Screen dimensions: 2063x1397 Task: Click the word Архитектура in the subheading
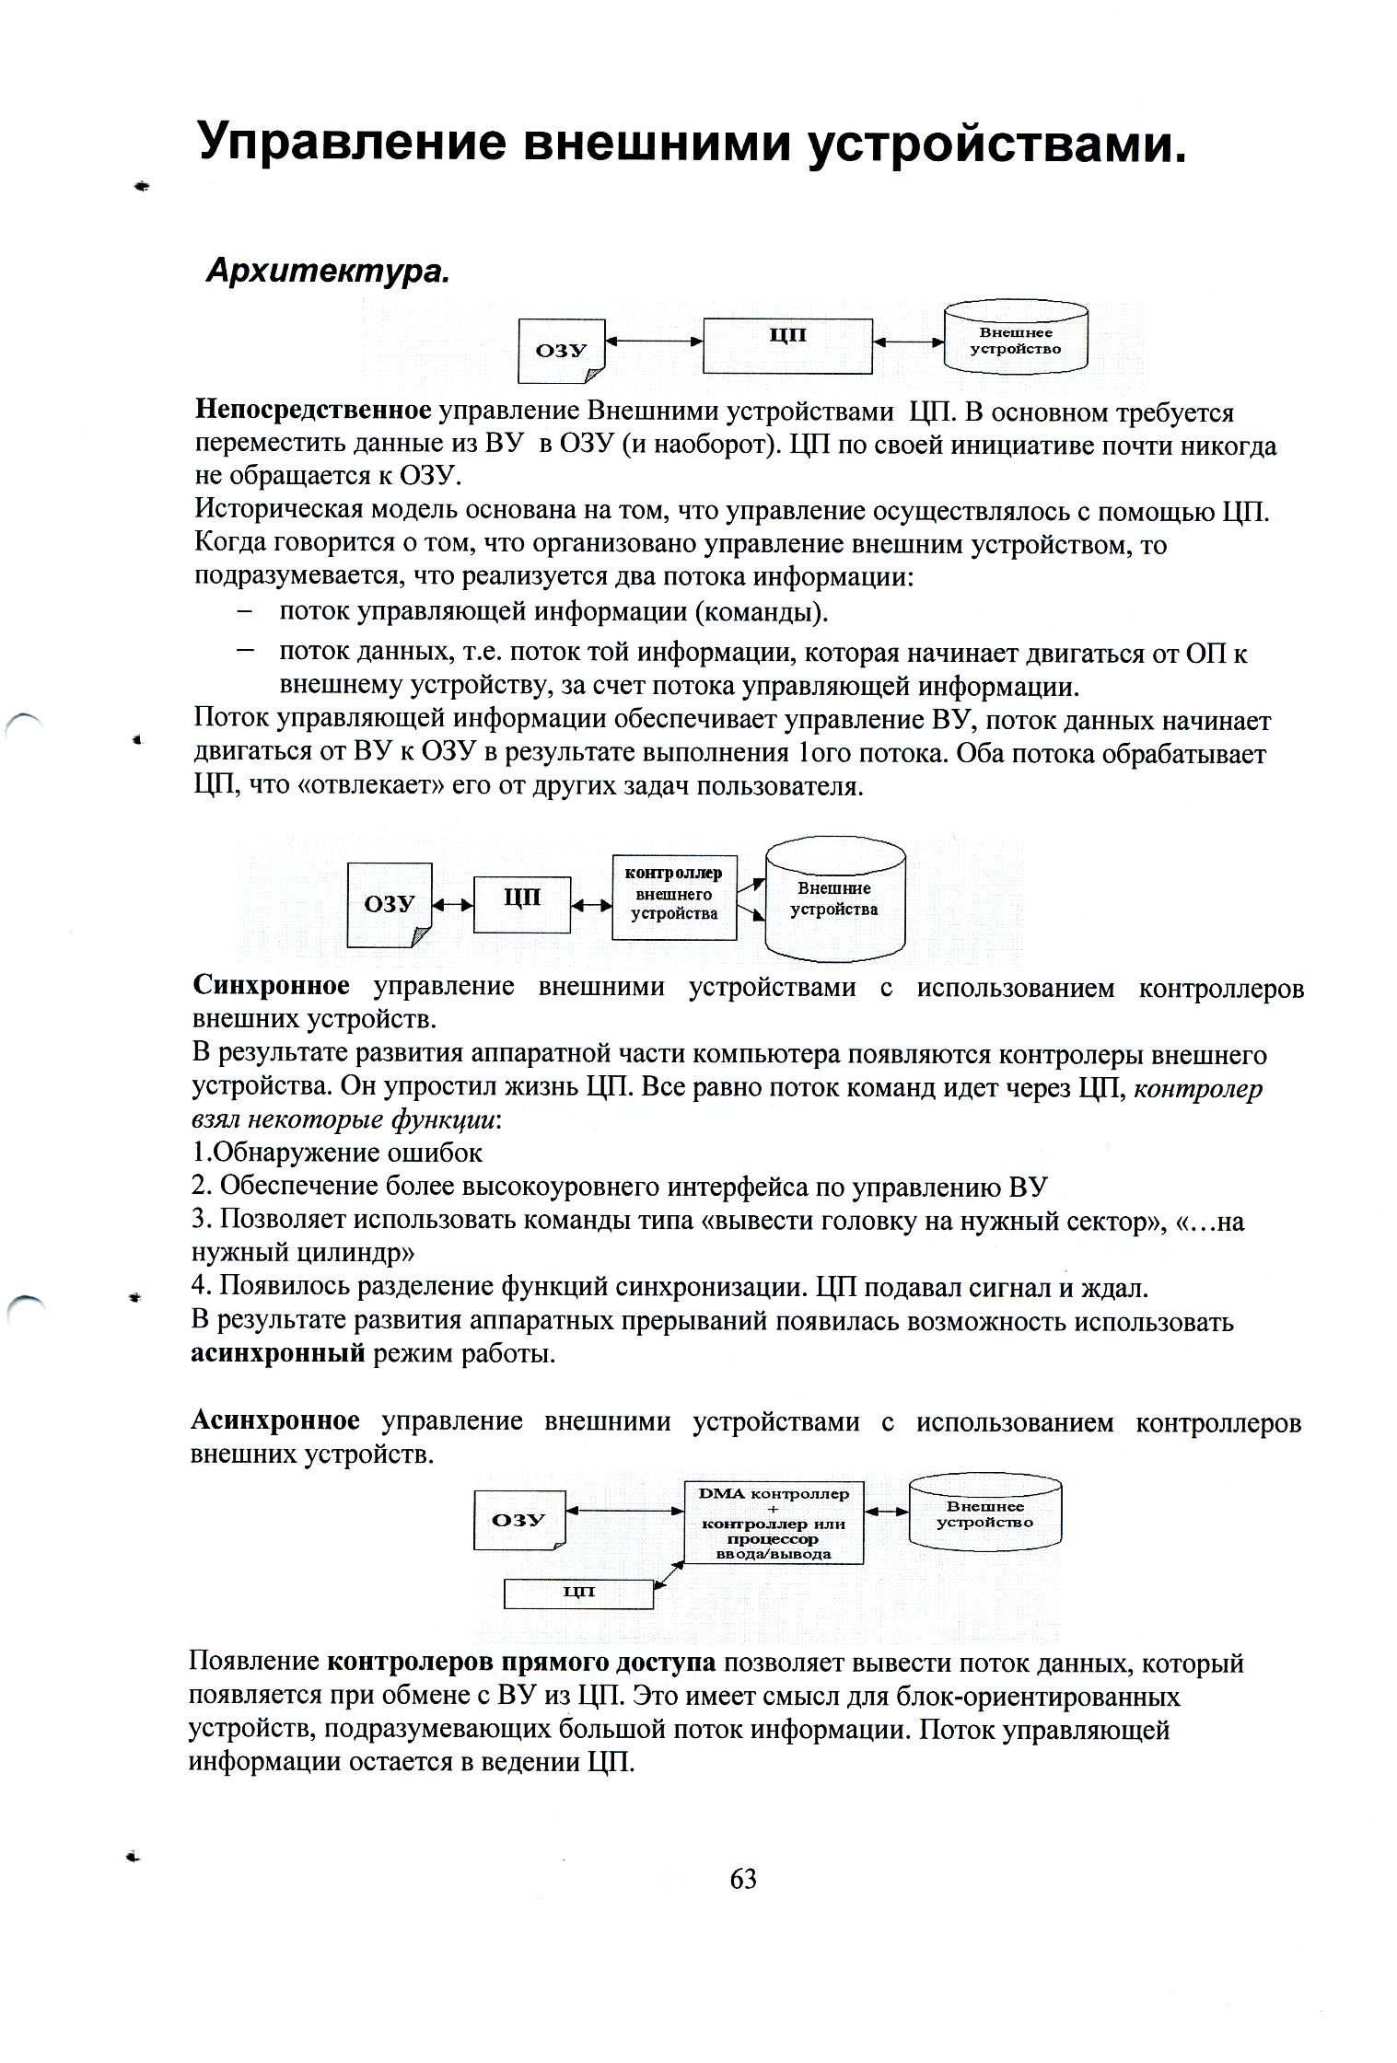click(327, 272)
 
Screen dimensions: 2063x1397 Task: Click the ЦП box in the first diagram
click(787, 345)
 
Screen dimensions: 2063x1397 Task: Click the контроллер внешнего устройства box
click(674, 897)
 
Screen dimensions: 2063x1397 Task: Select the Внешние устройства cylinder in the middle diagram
click(834, 899)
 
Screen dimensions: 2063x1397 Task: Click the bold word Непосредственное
click(313, 411)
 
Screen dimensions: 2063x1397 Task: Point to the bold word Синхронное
click(271, 986)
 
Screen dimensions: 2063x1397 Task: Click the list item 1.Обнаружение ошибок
click(337, 1153)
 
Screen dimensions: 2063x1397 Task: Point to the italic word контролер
click(1197, 1088)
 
